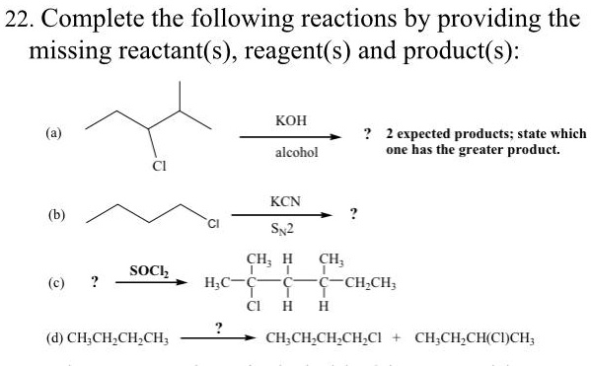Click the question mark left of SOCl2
click(x=94, y=282)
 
